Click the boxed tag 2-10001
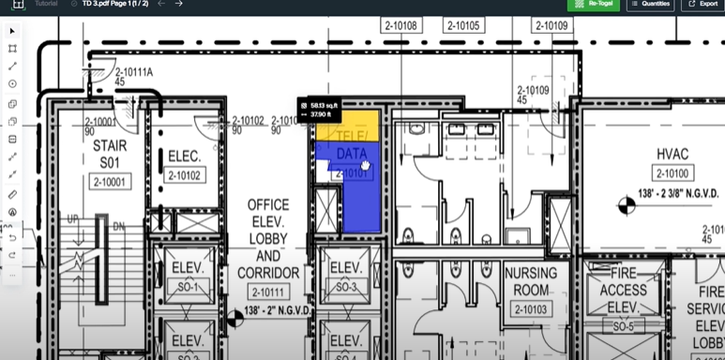coord(109,183)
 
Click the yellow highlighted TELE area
coord(347,127)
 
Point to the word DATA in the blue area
coord(351,154)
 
